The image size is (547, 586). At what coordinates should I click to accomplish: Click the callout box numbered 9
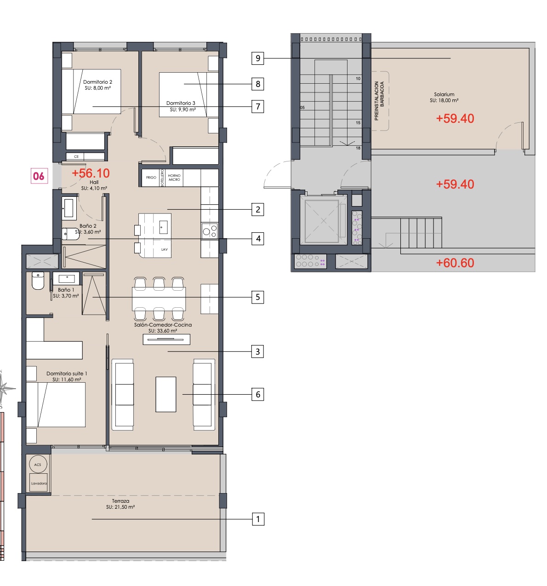(257, 58)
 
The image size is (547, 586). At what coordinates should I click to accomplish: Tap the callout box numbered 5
(257, 297)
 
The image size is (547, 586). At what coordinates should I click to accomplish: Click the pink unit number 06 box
(39, 176)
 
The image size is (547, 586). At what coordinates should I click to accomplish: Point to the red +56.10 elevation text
(91, 173)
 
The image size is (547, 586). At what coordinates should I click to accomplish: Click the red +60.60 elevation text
(455, 263)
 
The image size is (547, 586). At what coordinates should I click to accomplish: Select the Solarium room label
(444, 94)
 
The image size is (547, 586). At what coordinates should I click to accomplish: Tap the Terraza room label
(120, 501)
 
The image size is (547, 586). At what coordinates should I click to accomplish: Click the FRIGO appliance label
(151, 178)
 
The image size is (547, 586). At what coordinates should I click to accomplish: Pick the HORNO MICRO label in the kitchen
(174, 178)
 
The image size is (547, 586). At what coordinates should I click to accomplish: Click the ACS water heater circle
(38, 464)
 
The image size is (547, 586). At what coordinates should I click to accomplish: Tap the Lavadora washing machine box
(39, 483)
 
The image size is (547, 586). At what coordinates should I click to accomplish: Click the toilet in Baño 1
(38, 281)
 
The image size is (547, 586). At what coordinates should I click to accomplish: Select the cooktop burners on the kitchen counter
(210, 231)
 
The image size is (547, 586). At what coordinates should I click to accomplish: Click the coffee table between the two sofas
(166, 394)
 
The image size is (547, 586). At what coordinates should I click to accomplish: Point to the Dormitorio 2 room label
(97, 82)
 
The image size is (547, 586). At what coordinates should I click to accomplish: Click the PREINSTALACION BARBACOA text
(379, 101)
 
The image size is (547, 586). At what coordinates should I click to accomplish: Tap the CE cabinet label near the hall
(76, 157)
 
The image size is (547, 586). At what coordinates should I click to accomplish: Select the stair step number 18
(358, 148)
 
